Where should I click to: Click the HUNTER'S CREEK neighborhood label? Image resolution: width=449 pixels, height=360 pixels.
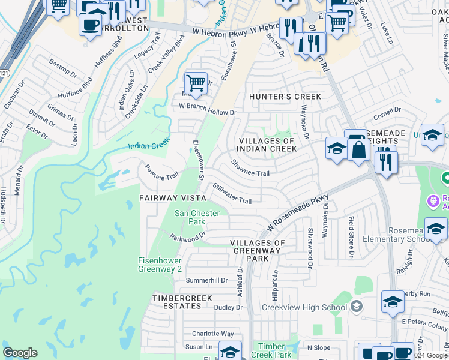[285, 97]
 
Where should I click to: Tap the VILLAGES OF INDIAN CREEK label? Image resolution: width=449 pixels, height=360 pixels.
[267, 145]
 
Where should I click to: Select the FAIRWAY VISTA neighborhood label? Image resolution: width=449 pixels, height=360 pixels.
[173, 197]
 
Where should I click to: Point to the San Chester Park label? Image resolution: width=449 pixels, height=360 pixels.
[197, 217]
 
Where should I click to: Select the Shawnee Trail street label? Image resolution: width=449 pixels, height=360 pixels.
[250, 168]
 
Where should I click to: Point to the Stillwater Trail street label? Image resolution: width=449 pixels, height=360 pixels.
[231, 194]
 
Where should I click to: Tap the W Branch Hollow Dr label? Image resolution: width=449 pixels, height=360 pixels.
[208, 109]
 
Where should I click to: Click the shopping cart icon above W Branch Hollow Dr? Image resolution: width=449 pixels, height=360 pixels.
[196, 82]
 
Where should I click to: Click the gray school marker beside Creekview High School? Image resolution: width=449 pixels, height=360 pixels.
[357, 307]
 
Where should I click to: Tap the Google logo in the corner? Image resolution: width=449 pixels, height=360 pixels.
[20, 352]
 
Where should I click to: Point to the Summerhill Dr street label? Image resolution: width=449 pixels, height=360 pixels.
[207, 280]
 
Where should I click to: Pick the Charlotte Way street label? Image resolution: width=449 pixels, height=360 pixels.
[212, 334]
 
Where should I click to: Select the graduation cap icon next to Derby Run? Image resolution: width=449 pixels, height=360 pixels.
[393, 302]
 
